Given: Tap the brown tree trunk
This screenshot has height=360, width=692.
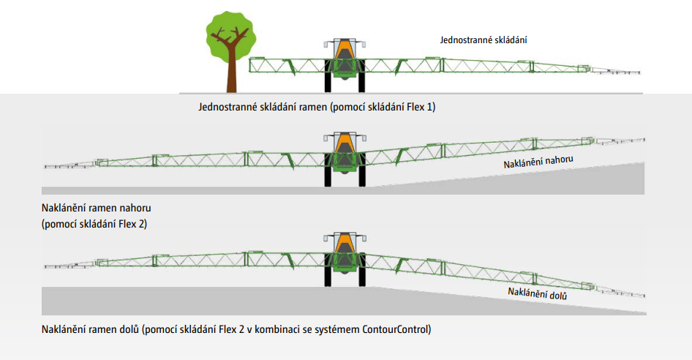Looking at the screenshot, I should click(x=231, y=73).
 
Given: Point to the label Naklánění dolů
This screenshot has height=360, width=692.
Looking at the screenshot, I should click(x=538, y=293).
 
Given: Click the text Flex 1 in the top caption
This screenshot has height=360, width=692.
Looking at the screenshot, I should click(x=420, y=107).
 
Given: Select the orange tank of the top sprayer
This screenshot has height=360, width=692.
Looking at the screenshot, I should click(x=342, y=51).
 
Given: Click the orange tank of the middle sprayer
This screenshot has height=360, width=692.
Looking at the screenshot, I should click(x=342, y=143).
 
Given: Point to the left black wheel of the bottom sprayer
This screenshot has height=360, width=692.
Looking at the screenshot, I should click(x=327, y=275).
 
